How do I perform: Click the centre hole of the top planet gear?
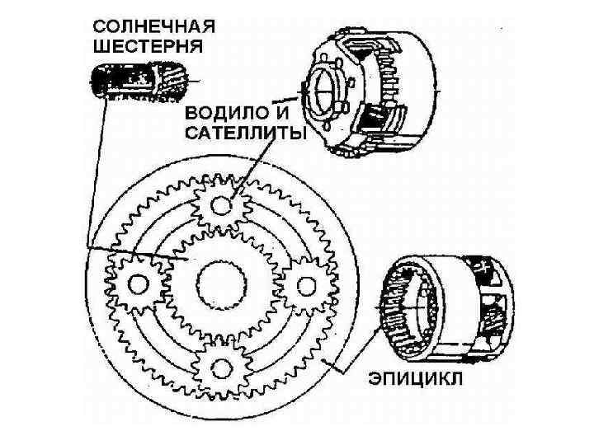pos(221,203)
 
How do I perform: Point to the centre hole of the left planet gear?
pos(138,283)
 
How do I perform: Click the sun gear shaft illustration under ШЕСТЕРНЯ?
pos(140,83)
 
